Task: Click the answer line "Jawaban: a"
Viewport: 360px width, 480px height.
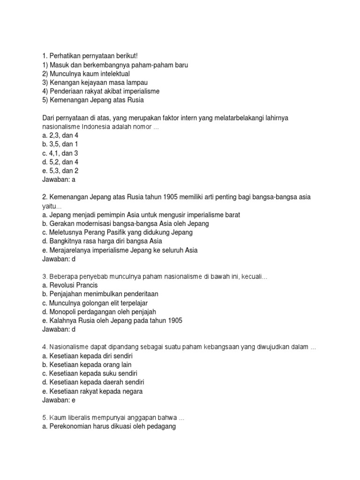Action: [x=59, y=179]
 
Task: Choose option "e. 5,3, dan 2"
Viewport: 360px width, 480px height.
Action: [x=60, y=171]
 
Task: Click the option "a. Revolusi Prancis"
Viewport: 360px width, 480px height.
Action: [x=70, y=285]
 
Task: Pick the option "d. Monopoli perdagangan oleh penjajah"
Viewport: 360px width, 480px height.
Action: [x=99, y=312]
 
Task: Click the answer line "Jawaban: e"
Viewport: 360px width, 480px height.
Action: [x=59, y=400]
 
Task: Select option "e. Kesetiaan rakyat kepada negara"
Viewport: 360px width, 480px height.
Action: [x=92, y=391]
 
